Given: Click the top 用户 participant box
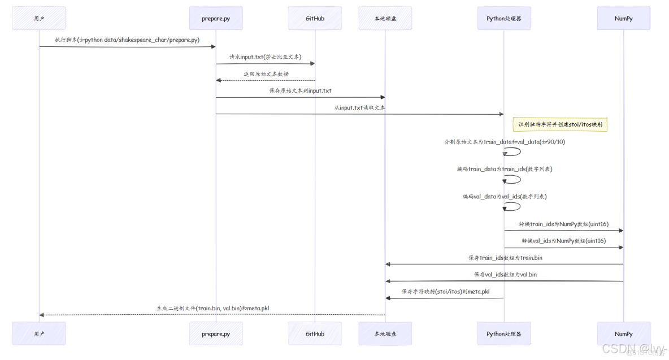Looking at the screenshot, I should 39,19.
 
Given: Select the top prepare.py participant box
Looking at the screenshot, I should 216,19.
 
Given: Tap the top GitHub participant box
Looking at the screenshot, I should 315,19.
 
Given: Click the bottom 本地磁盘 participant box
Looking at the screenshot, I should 385,333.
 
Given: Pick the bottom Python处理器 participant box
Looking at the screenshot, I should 504,333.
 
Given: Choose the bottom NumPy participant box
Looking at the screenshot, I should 623,333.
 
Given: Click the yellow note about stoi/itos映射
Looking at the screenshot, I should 560,124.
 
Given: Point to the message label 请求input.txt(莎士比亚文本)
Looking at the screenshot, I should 265,57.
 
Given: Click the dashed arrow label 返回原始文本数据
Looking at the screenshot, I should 266,74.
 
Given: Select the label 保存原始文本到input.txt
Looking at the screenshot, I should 300,90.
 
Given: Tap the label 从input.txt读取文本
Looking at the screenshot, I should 359,107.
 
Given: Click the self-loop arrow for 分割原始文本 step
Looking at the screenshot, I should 513,151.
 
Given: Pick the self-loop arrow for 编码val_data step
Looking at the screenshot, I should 513,206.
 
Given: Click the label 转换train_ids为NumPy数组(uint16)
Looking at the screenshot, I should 563,224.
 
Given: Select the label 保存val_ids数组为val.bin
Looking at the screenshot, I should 505,274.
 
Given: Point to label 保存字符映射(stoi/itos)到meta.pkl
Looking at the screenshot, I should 445,292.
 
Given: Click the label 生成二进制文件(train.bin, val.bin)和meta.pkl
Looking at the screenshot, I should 212,309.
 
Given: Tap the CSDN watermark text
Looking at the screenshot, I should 633,348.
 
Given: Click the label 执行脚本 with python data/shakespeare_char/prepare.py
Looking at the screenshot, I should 127,40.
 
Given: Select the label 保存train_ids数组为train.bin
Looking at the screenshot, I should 505,258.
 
